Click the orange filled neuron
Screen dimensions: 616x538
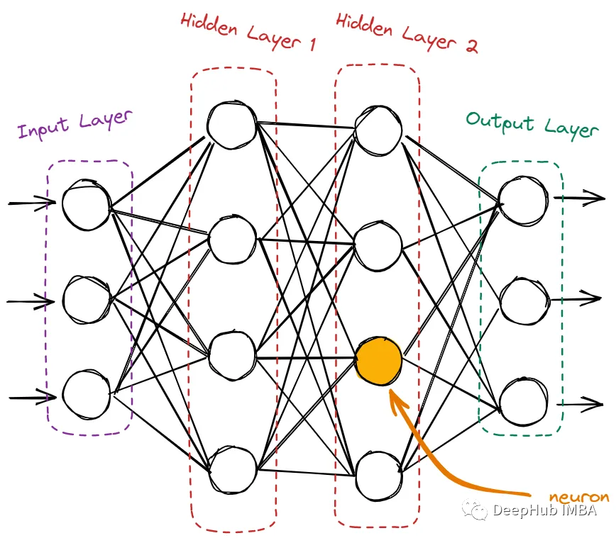(378, 361)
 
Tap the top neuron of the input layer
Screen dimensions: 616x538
(87, 204)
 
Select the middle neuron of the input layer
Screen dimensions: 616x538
(87, 300)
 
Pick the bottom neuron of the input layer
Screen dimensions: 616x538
(87, 394)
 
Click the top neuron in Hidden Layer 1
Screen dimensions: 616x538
(232, 125)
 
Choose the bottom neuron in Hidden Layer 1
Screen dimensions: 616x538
(233, 470)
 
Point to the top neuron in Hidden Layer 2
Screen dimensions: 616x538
(378, 130)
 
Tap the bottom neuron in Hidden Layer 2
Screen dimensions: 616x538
(378, 476)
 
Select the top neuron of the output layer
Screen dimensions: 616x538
(523, 201)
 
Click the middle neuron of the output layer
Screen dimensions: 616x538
(524, 301)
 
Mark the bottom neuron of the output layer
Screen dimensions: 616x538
(523, 402)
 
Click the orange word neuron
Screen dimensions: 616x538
(579, 497)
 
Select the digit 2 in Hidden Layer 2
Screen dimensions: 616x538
(471, 46)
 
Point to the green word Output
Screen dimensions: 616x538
(500, 123)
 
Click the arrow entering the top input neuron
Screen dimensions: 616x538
(32, 203)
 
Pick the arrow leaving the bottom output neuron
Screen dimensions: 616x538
(580, 404)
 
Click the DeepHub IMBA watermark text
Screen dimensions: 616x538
(544, 510)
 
